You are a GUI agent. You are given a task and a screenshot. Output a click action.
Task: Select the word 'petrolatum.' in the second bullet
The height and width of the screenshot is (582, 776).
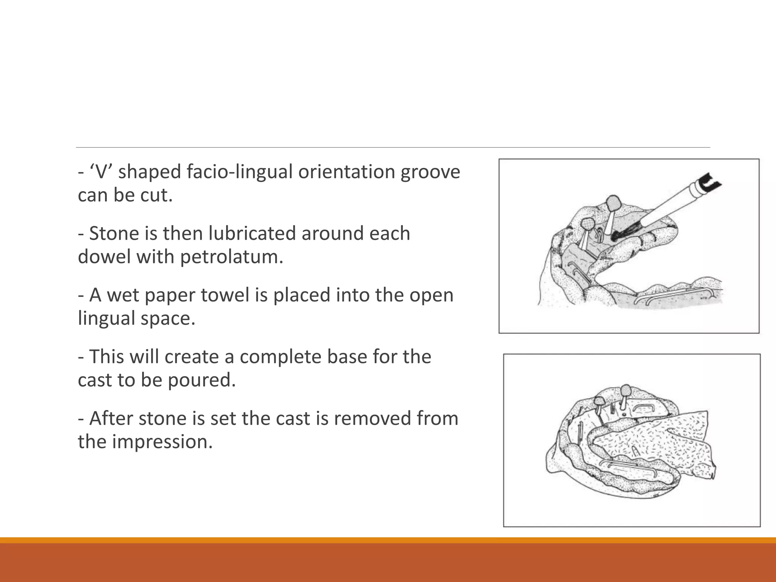point(232,257)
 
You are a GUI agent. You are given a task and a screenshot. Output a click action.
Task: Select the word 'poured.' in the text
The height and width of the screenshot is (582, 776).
point(202,380)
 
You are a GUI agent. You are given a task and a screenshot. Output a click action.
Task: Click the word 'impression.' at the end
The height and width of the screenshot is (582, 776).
point(163,442)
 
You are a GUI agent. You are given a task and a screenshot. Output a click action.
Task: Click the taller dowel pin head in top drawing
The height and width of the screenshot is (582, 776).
point(613,203)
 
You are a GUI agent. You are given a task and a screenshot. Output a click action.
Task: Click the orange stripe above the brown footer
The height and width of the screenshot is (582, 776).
point(388,540)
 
